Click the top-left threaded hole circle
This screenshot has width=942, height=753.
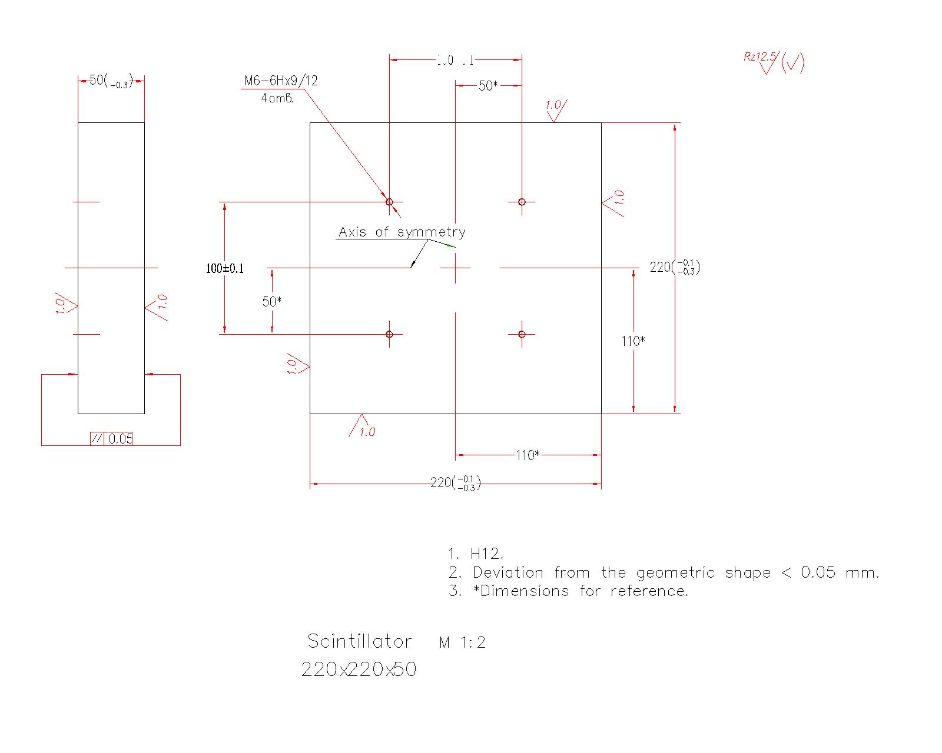[389, 202]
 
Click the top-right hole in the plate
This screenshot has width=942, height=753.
[522, 202]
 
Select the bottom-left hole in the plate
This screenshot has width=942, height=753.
[389, 334]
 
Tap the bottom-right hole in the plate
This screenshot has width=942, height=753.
[522, 334]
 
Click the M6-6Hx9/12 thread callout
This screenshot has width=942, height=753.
[281, 81]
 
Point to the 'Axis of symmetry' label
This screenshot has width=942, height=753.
[402, 232]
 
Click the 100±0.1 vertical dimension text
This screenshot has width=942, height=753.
[224, 269]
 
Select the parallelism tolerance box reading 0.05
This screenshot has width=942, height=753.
[112, 438]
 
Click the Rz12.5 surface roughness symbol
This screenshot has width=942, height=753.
[772, 62]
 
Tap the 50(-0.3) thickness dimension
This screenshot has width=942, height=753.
[111, 81]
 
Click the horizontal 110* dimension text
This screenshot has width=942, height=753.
[528, 455]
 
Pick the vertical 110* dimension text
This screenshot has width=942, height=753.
[633, 341]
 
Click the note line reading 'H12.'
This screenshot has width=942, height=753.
[476, 554]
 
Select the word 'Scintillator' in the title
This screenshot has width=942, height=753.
[360, 641]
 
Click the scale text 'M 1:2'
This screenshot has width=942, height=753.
[462, 643]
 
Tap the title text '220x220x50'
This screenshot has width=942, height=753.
[359, 669]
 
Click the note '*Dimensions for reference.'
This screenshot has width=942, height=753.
[569, 591]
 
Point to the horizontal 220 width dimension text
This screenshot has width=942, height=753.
[456, 483]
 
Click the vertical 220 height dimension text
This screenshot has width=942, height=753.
[675, 267]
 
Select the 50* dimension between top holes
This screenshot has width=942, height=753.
[488, 86]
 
